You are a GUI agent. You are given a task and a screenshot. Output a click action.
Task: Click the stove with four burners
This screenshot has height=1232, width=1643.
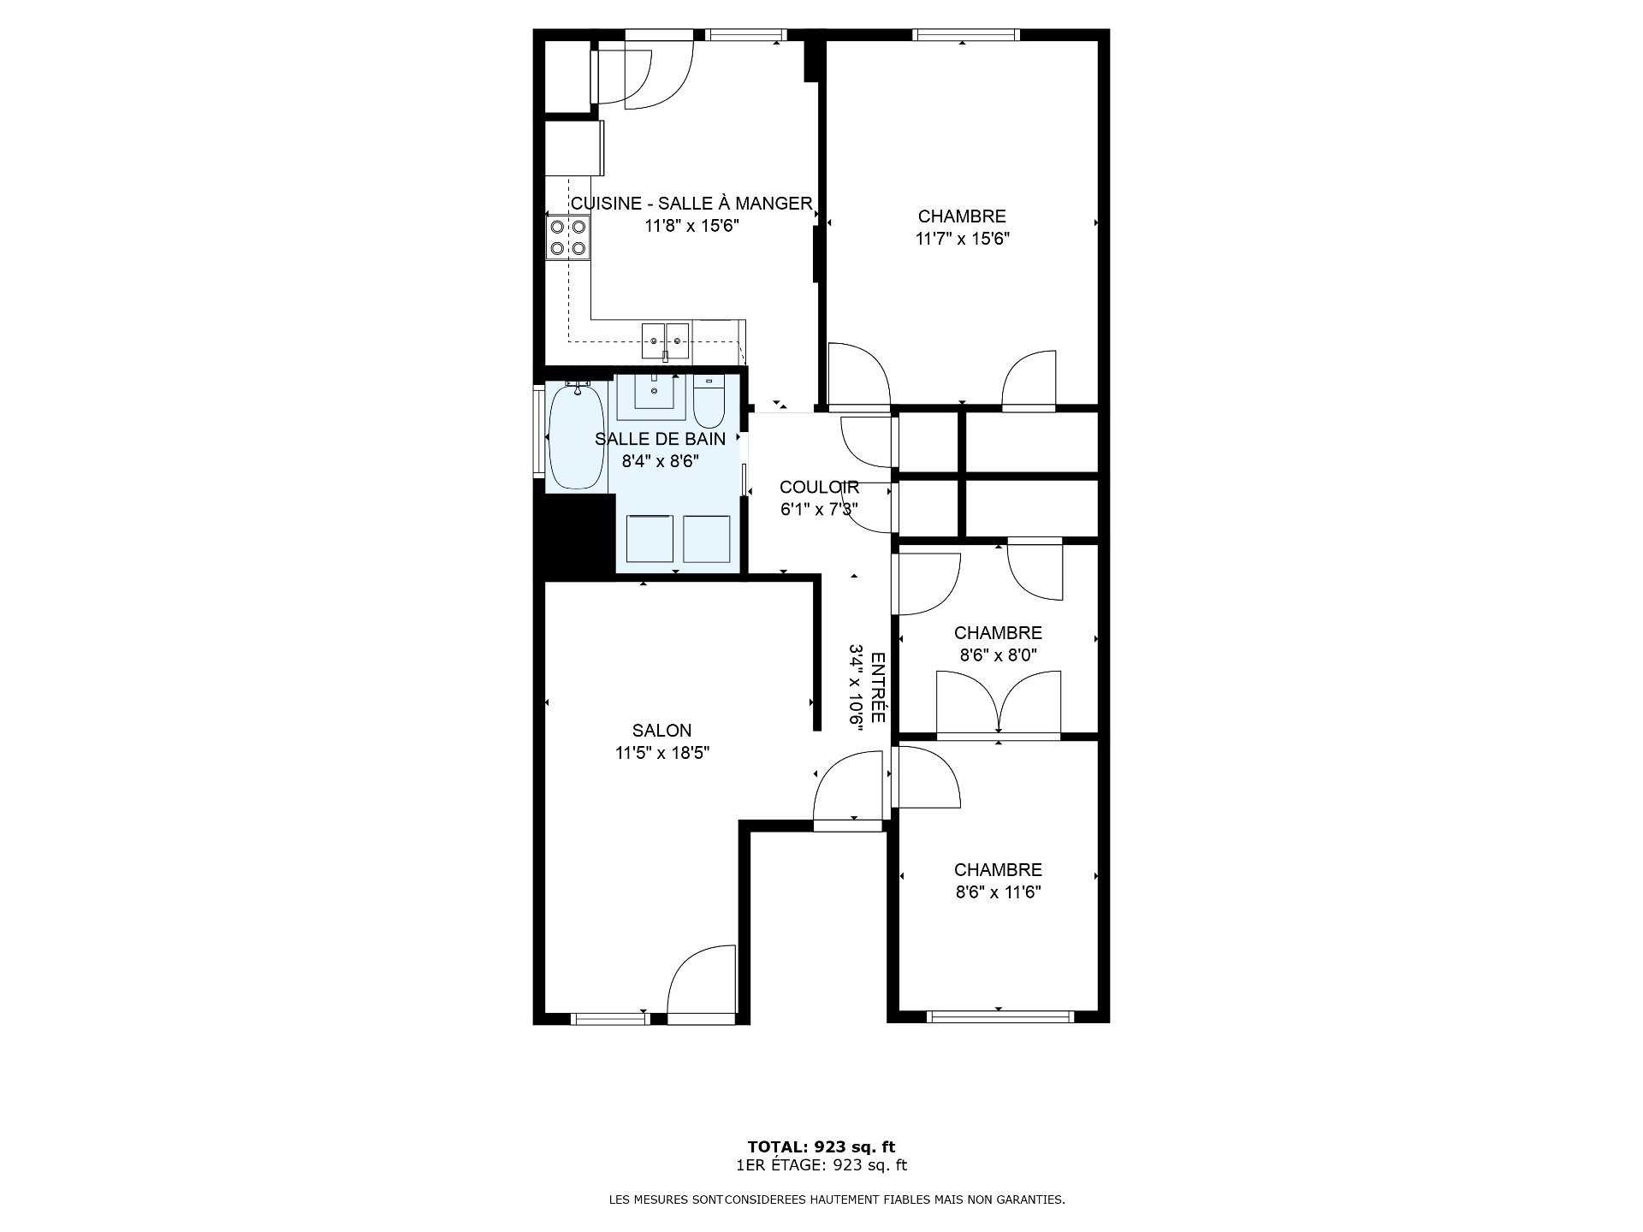tap(568, 237)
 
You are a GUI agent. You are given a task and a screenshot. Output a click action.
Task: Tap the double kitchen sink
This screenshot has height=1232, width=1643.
tap(666, 341)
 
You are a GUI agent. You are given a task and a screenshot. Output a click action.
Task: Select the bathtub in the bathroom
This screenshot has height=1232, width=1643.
tap(578, 438)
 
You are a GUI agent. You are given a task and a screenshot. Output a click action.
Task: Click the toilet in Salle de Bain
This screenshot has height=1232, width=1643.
tap(709, 402)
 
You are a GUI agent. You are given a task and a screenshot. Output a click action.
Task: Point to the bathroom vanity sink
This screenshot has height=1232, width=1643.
tap(654, 396)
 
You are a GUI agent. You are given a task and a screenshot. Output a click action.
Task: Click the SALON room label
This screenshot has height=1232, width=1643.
tap(661, 731)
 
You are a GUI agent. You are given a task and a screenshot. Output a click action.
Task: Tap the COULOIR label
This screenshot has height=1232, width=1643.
tap(819, 488)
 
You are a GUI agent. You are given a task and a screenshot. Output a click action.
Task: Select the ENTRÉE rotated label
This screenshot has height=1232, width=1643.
tap(877, 687)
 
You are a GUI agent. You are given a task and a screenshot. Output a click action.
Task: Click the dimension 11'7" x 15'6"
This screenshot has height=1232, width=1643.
tap(963, 239)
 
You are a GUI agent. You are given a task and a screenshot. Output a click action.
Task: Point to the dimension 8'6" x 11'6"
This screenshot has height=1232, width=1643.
tap(998, 892)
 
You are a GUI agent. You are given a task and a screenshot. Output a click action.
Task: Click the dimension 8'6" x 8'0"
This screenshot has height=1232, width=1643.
tap(998, 655)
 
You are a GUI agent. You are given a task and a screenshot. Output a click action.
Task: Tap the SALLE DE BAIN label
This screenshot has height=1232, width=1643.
tap(660, 439)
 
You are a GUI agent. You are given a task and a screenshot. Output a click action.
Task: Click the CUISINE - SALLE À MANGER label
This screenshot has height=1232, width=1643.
tap(691, 204)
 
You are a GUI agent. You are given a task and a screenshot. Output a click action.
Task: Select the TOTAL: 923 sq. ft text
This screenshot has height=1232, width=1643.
tap(821, 1147)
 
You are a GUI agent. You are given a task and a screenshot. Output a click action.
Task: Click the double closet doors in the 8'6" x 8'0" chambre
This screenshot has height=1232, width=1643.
tap(999, 703)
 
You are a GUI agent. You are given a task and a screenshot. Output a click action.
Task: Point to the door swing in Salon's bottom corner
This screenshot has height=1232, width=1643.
tap(701, 982)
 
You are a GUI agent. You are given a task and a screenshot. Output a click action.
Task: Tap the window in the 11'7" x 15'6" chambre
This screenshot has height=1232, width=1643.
tap(965, 35)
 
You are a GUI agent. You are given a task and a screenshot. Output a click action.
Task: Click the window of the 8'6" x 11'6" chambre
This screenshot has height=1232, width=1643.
tap(999, 1016)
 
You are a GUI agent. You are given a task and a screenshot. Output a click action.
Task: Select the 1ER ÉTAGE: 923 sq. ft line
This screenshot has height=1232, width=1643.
tap(821, 1165)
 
